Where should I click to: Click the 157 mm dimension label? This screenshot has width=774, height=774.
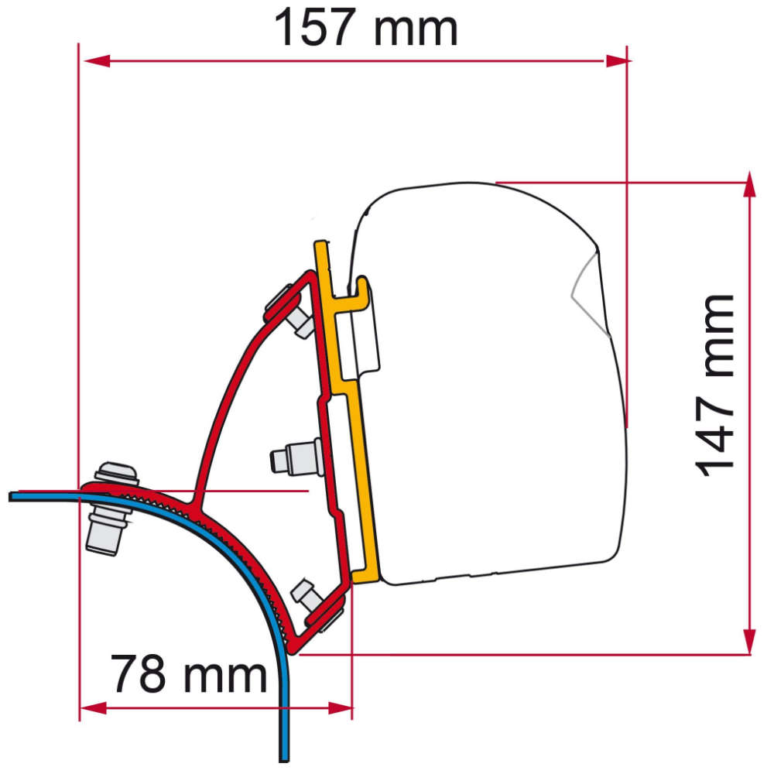(366, 29)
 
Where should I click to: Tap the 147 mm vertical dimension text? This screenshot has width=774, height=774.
(714, 385)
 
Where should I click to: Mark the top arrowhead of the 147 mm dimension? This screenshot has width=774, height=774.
(749, 183)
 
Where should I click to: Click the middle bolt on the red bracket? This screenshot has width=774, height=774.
(294, 457)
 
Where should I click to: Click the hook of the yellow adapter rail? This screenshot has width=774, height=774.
(356, 294)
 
